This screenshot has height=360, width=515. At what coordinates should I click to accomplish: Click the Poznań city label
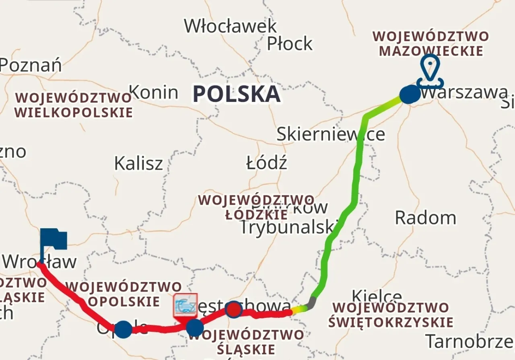coord(31,65)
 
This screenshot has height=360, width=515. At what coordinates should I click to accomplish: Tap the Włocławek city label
coord(231,26)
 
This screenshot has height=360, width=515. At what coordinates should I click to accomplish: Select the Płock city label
coord(290,43)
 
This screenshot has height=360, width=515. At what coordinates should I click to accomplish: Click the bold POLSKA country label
coord(236,94)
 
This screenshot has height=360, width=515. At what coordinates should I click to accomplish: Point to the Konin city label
coord(154,93)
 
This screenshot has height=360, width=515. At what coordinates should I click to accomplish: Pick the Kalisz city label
coord(138,164)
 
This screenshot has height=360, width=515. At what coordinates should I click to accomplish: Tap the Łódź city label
coord(266,163)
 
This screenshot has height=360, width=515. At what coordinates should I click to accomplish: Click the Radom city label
coord(425,218)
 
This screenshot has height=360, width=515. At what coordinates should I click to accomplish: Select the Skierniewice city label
coord(331,134)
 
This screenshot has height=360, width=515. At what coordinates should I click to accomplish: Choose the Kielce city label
coord(377,297)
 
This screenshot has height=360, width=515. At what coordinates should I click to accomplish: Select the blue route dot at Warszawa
coord(410,95)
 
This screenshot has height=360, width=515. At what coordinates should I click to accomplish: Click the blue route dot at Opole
coord(124,329)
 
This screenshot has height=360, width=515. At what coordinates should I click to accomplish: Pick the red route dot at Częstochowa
coord(234,309)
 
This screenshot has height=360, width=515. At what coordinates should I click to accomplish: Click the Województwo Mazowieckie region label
coord(431,43)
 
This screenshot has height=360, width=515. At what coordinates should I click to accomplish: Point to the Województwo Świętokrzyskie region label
coord(390,315)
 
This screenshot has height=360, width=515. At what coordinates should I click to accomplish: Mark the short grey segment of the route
coord(311,303)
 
